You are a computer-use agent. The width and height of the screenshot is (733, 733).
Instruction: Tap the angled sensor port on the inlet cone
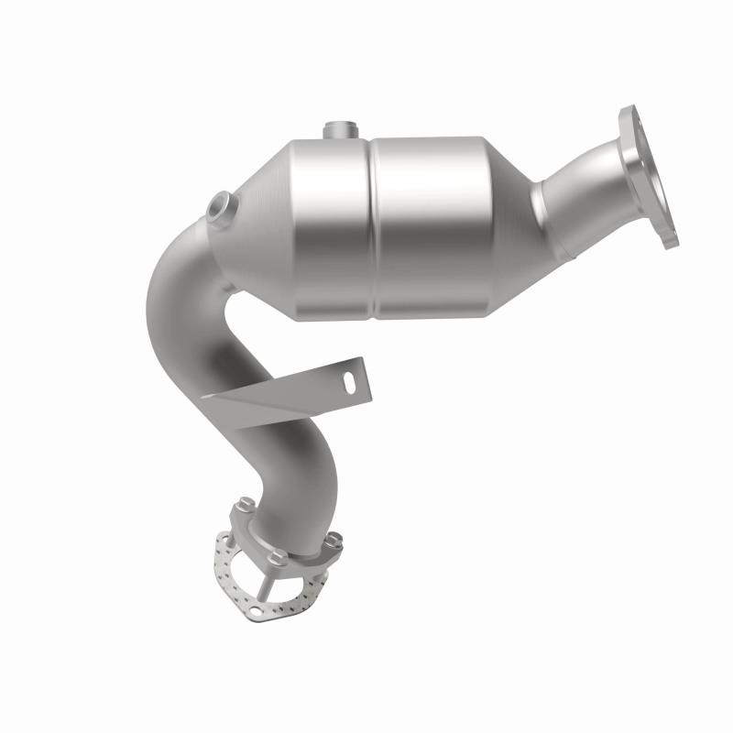pos(220,206)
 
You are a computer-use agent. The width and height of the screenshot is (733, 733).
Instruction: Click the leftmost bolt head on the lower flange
pos(246,504)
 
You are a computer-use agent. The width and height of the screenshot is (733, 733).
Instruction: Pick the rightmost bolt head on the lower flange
pos(334,539)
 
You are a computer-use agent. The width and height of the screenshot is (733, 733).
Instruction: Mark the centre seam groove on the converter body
pos(373,229)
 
